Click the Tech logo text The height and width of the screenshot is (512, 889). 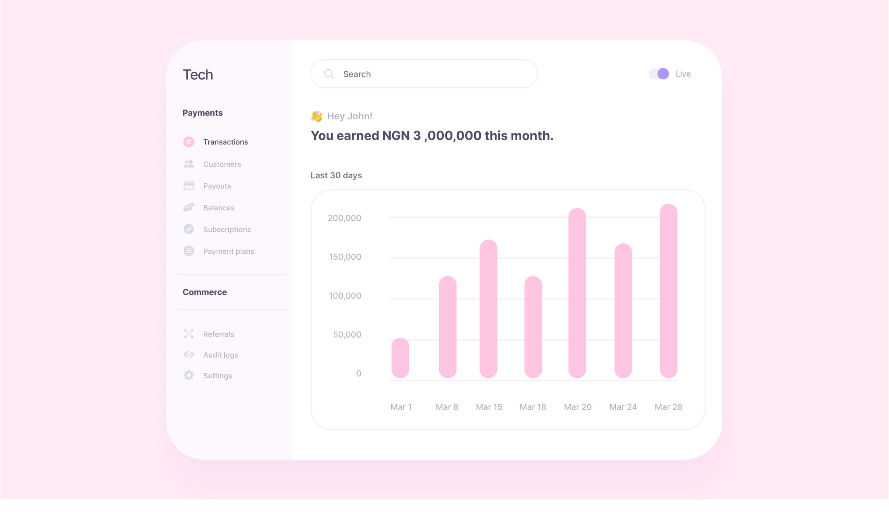198,75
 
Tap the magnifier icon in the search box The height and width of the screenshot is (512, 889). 328,74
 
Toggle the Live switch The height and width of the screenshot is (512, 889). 659,74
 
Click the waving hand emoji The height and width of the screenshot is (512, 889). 316,116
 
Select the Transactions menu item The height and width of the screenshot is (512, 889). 225,142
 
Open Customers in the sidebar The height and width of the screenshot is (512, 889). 222,164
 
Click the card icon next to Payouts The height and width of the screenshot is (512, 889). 189,186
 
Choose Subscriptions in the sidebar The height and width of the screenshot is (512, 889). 227,230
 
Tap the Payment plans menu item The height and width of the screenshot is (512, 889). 228,251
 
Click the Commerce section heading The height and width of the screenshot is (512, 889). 205,292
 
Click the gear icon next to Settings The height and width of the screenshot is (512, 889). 189,375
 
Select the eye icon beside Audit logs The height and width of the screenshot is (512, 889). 189,354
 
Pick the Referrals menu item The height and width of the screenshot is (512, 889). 218,334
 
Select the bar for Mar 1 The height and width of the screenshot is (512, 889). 400,358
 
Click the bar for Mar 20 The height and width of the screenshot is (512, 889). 577,293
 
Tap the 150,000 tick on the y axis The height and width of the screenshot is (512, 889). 345,257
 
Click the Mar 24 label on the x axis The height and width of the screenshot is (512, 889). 623,407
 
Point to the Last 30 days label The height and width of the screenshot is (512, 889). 336,175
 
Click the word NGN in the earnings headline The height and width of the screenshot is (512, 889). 396,136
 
